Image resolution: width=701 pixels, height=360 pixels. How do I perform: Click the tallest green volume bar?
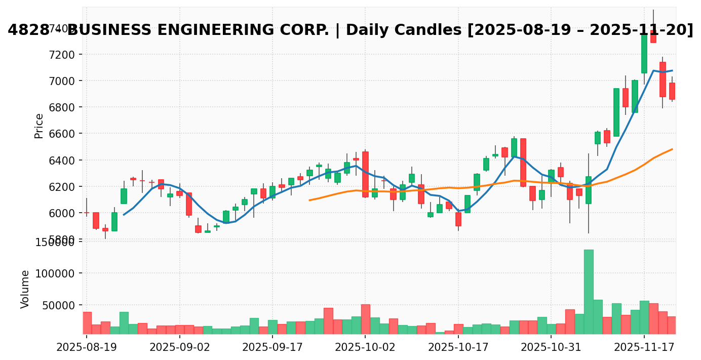pyautogui.click(x=589, y=291)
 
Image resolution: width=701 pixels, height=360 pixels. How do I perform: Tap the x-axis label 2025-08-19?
pyautogui.click(x=86, y=347)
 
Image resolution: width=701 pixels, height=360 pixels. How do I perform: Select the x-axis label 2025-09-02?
pyautogui.click(x=179, y=347)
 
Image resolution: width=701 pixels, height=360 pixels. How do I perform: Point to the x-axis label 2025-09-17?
pyautogui.click(x=272, y=347)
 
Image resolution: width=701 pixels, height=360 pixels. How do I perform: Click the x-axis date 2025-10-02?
pyautogui.click(x=365, y=347)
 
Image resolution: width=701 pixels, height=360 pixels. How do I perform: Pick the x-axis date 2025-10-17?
pyautogui.click(x=458, y=347)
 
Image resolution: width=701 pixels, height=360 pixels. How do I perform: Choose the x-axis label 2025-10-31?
pyautogui.click(x=551, y=347)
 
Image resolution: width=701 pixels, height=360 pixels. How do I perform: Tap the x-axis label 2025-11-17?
pyautogui.click(x=644, y=347)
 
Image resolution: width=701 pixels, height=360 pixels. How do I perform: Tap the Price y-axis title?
pyautogui.click(x=39, y=126)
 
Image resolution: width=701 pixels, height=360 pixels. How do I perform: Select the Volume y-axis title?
pyautogui.click(x=25, y=289)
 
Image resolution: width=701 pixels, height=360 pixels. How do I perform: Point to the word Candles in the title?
pyautogui.click(x=423, y=30)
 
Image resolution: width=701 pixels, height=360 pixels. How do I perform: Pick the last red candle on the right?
pyautogui.click(x=672, y=91)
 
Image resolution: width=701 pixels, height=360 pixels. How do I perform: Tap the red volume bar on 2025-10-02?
pyautogui.click(x=365, y=319)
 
